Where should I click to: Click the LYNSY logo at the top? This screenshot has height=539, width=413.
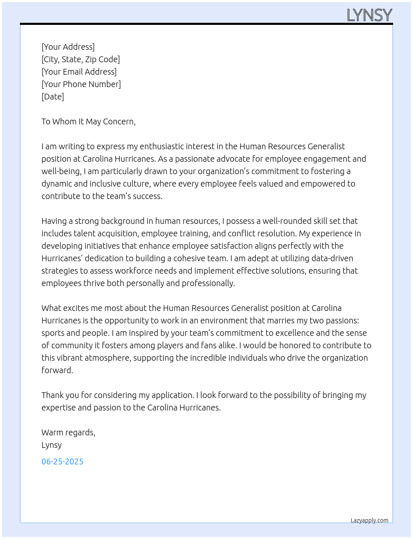[369, 15]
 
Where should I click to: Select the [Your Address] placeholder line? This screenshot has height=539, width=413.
[68, 47]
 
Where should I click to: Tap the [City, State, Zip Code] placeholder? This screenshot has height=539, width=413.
[80, 59]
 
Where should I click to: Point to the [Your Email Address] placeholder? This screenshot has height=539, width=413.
[79, 72]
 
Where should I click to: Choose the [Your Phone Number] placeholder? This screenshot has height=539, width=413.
[81, 84]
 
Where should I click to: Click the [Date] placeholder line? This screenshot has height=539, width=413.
[53, 97]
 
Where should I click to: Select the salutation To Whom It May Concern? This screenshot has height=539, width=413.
[88, 121]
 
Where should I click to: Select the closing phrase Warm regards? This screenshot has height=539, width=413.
[68, 432]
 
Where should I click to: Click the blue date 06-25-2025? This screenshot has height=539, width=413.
[62, 461]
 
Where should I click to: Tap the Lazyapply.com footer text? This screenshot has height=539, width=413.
[369, 520]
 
